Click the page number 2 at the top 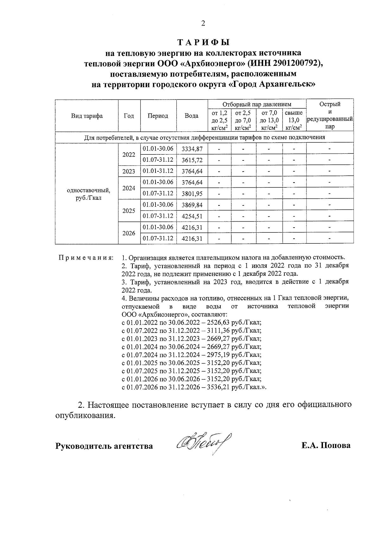tap(203, 23)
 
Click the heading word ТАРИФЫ tap(203, 42)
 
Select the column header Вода tap(192, 116)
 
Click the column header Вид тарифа tap(87, 116)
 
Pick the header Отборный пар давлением tap(257, 104)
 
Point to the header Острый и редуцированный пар tap(330, 115)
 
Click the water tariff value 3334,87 tap(192, 149)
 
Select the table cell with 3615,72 tap(192, 160)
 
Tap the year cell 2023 tap(129, 172)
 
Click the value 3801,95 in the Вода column tap(192, 193)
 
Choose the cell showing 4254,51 tap(192, 216)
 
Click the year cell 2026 tap(129, 233)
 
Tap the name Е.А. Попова tap(326, 445)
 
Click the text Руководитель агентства tap(104, 446)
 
